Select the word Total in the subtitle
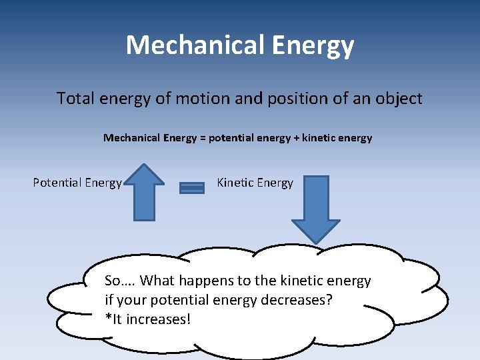pos(75,99)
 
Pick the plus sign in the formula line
pos(297,138)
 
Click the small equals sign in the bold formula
pos(203,138)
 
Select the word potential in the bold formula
pos(231,138)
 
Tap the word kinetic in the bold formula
pos(321,138)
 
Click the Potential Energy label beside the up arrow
pos(77,183)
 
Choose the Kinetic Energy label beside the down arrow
pos(255,183)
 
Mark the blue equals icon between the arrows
pos(192,188)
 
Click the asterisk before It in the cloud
pos(109,317)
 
